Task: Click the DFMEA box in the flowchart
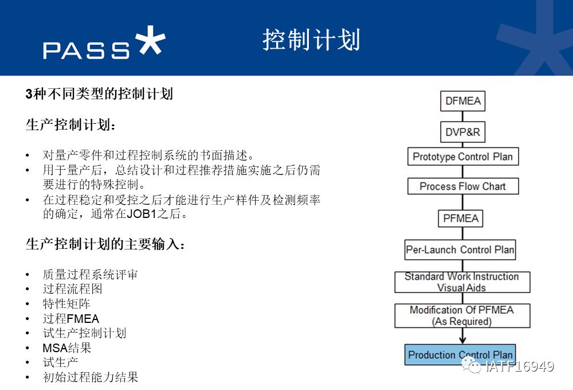462,101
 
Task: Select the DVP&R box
462,132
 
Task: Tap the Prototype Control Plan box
463,157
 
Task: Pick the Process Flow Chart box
463,186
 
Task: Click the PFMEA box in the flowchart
461,219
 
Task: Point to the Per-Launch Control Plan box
460,250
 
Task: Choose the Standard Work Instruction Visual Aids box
462,282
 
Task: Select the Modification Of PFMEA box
462,316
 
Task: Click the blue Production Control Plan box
460,354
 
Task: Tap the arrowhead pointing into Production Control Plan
462,340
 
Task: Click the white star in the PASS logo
150,40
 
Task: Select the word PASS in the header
87,50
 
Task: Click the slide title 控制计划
311,40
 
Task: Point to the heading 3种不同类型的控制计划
99,94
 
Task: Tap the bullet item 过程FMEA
71,319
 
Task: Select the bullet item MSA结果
67,348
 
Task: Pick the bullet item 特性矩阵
66,303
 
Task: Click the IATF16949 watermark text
520,366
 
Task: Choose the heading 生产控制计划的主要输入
105,244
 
